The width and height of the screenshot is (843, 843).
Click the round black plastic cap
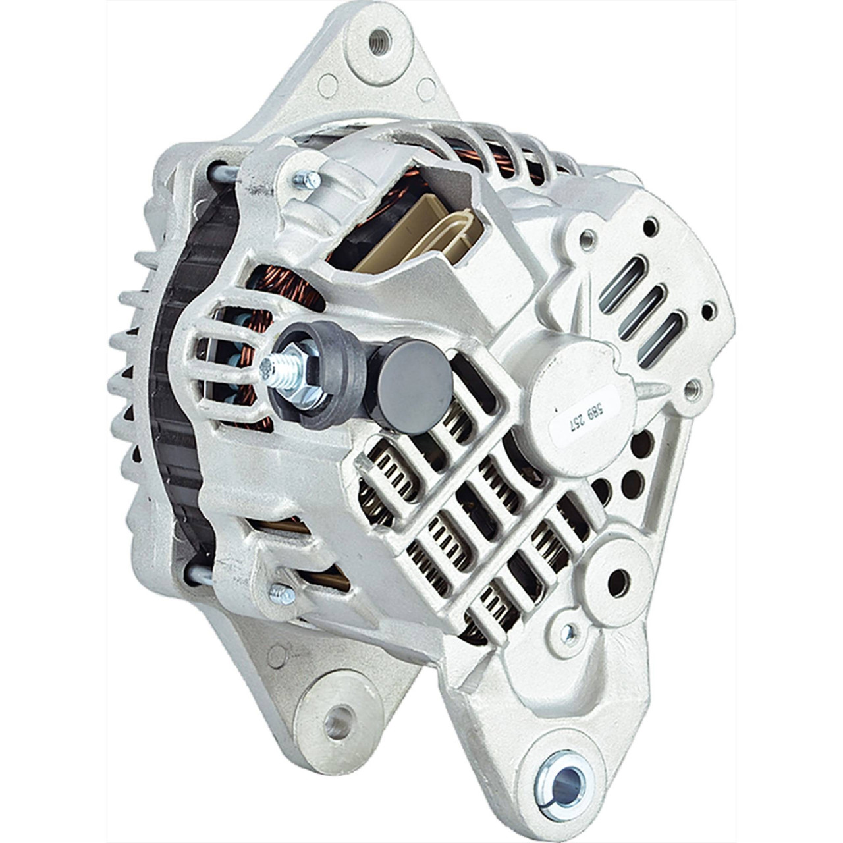coord(414,387)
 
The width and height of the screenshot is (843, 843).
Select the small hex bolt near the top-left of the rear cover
coord(307,178)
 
